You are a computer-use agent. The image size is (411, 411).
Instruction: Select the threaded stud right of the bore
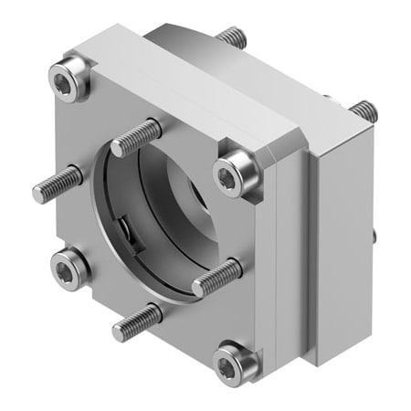(216, 278)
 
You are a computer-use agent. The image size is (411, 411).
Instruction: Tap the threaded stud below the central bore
(137, 321)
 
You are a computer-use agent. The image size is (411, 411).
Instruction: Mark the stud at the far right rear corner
(364, 111)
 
